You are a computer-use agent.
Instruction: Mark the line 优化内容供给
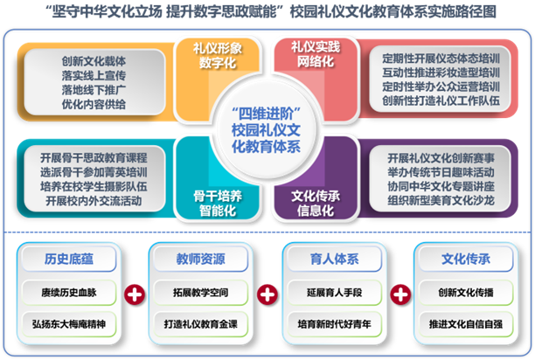[x=94, y=104]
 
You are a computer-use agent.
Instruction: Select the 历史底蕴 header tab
[x=67, y=260]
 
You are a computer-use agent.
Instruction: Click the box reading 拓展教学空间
[x=200, y=290]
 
